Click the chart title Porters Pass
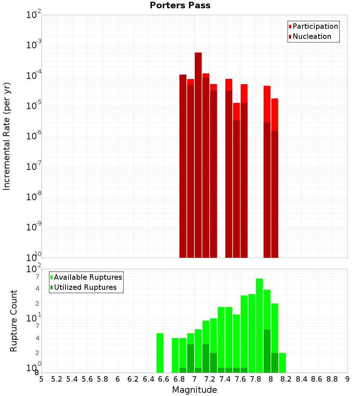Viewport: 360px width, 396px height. [180, 5]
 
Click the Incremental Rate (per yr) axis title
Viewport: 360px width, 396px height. [7, 136]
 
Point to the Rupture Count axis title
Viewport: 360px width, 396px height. [14, 321]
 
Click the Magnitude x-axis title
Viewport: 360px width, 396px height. [194, 390]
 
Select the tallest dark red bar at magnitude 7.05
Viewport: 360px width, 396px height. [198, 155]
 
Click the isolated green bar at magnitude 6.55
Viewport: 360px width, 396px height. [160, 353]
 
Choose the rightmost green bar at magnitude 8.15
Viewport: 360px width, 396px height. [282, 363]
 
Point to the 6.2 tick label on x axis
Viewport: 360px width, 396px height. [133, 379]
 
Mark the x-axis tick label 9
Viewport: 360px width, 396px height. [347, 379]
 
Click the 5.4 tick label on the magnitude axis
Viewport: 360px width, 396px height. [72, 379]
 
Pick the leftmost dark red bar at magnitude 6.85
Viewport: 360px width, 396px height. [183, 166]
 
